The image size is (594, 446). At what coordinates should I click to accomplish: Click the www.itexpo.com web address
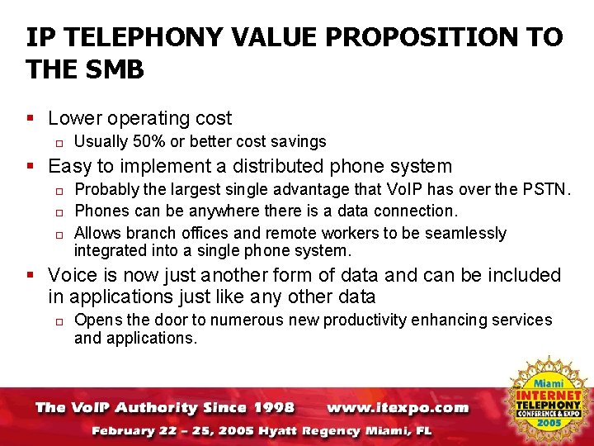point(397,407)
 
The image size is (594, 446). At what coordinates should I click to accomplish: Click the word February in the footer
point(125,430)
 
